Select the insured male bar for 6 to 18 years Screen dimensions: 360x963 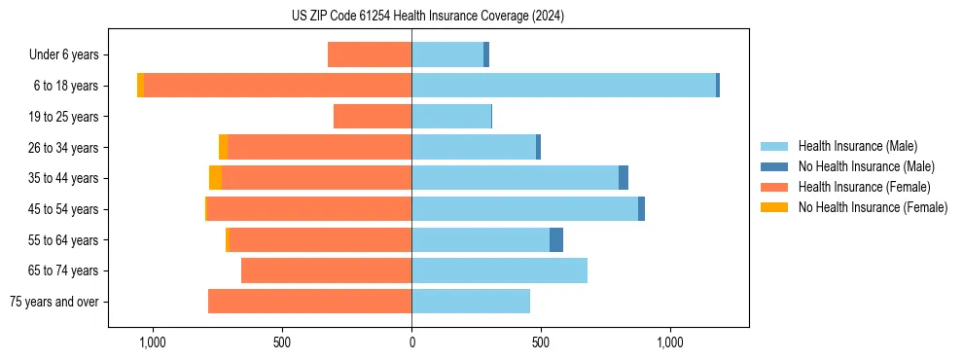click(563, 86)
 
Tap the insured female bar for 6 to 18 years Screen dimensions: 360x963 click(277, 86)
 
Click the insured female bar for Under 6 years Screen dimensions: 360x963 click(370, 54)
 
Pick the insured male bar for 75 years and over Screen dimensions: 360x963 click(471, 302)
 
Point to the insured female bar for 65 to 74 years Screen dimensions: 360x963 click(326, 270)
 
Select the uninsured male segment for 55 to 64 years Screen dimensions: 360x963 click(556, 239)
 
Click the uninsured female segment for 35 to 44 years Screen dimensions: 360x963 click(215, 178)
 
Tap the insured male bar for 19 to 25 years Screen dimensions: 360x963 click(451, 117)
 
